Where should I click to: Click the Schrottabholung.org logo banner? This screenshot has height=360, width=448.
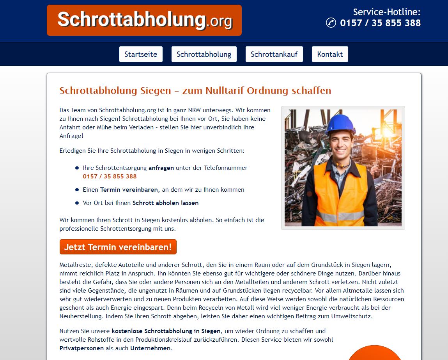(144, 20)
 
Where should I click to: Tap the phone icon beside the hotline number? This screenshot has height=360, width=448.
(331, 23)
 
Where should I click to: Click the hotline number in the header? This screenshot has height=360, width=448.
(380, 23)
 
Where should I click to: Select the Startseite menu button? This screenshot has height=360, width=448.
(141, 54)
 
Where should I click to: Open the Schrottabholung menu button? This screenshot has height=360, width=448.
(204, 54)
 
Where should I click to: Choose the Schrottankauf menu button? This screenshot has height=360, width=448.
(274, 54)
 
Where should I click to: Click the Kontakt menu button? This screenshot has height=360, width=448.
(330, 54)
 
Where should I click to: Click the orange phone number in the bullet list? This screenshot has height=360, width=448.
(110, 176)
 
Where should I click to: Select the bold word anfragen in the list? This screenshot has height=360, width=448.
(161, 168)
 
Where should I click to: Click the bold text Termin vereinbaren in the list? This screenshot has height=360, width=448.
(129, 190)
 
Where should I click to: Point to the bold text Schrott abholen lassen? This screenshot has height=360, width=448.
(165, 203)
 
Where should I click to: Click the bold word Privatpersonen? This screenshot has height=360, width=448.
(81, 348)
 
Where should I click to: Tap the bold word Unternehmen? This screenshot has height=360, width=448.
(150, 348)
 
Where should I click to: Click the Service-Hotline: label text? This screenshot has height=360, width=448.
(386, 12)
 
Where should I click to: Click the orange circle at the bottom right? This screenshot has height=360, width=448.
(374, 354)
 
